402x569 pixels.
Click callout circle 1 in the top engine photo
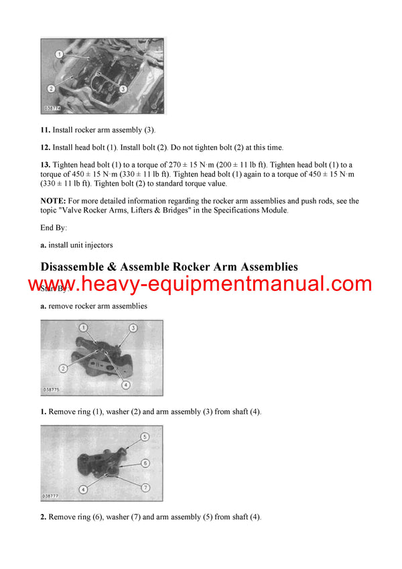pos(59,54)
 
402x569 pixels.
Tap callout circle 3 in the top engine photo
pos(123,88)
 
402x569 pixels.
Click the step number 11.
pos(45,130)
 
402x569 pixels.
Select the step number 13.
pos(45,165)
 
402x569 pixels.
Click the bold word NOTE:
pos(52,200)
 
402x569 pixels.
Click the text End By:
pos(54,228)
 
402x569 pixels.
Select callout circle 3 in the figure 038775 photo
pos(133,328)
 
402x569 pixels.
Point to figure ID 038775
pos(53,389)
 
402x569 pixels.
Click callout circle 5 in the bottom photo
pos(144,437)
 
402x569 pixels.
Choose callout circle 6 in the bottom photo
pos(145,463)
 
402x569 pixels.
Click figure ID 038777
pos(53,496)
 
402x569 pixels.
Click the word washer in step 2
pos(117,517)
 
